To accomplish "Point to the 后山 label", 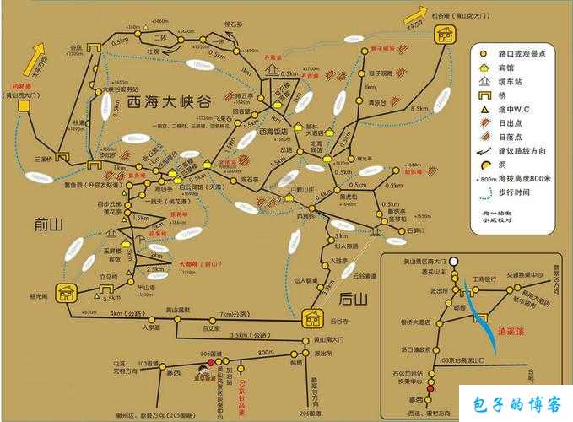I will coord(352,298).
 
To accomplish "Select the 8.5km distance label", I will coord(419,109).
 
